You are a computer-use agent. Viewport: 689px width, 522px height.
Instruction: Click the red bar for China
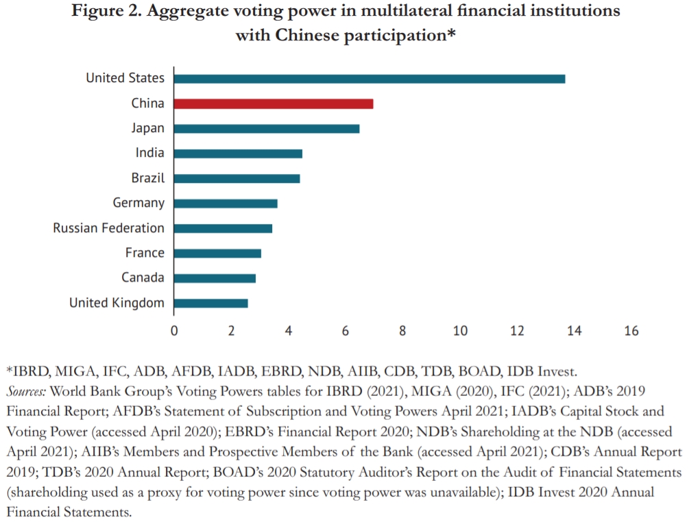274,103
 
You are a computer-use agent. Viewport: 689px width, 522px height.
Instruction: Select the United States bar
370,78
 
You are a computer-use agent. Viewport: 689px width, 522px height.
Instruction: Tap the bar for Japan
267,128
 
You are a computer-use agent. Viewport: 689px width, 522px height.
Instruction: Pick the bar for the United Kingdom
211,303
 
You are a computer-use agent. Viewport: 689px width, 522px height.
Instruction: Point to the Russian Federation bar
223,228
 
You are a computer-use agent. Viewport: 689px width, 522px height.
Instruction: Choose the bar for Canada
215,278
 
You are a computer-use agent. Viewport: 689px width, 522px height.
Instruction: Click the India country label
149,153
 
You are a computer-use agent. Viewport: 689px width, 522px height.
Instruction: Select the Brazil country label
148,178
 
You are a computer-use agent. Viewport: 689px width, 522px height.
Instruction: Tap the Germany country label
138,203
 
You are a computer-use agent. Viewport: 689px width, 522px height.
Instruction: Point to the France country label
145,253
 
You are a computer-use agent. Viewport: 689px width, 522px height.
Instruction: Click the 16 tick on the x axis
631,331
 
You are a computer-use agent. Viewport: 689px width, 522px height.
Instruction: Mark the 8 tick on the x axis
402,331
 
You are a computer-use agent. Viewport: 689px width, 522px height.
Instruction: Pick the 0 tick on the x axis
174,331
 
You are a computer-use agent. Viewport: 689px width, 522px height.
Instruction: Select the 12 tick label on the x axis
517,331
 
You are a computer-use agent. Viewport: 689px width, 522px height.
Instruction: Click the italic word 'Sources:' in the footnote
27,392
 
